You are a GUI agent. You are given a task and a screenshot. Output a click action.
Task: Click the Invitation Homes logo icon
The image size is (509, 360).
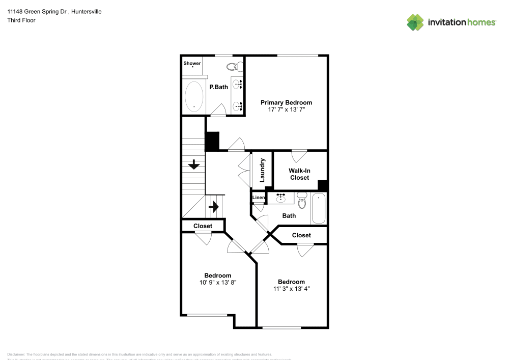[x=415, y=22]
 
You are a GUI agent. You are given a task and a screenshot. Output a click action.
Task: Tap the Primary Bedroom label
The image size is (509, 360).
[x=286, y=102]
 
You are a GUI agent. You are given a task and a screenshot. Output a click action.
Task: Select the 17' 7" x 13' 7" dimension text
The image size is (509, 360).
[x=286, y=109]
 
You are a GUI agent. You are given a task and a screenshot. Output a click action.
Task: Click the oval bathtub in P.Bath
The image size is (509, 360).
[x=193, y=97]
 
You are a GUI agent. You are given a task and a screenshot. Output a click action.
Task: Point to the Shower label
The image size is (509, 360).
[x=192, y=63]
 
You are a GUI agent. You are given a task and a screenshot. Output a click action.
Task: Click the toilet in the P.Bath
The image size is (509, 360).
[x=234, y=66]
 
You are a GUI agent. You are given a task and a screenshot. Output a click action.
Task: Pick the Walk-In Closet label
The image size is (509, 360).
[x=299, y=174]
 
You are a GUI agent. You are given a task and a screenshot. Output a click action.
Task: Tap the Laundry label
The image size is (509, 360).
[x=262, y=170]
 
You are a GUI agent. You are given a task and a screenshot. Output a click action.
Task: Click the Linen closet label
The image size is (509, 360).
[x=259, y=198]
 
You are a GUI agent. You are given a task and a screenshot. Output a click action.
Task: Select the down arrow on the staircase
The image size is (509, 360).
[x=193, y=164]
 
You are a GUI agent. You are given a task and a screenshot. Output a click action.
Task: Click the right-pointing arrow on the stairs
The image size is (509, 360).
[x=214, y=207]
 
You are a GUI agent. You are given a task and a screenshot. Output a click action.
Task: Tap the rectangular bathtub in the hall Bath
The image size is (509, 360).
[x=319, y=208]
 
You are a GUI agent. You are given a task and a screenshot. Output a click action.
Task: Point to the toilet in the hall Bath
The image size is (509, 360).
[x=302, y=201]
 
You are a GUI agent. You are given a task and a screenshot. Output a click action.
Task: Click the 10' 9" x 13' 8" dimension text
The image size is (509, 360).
[x=217, y=282]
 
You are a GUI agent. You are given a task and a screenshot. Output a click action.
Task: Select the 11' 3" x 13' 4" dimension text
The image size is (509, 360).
[x=291, y=289]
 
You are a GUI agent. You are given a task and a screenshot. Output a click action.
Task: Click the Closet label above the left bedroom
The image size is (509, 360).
[x=203, y=226]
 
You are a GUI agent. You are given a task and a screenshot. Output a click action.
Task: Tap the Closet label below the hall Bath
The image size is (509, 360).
[x=301, y=235]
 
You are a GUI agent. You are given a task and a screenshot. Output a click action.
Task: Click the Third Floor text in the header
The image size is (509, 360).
[x=21, y=20]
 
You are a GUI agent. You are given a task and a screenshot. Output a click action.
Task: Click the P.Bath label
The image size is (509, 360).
[x=219, y=87]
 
